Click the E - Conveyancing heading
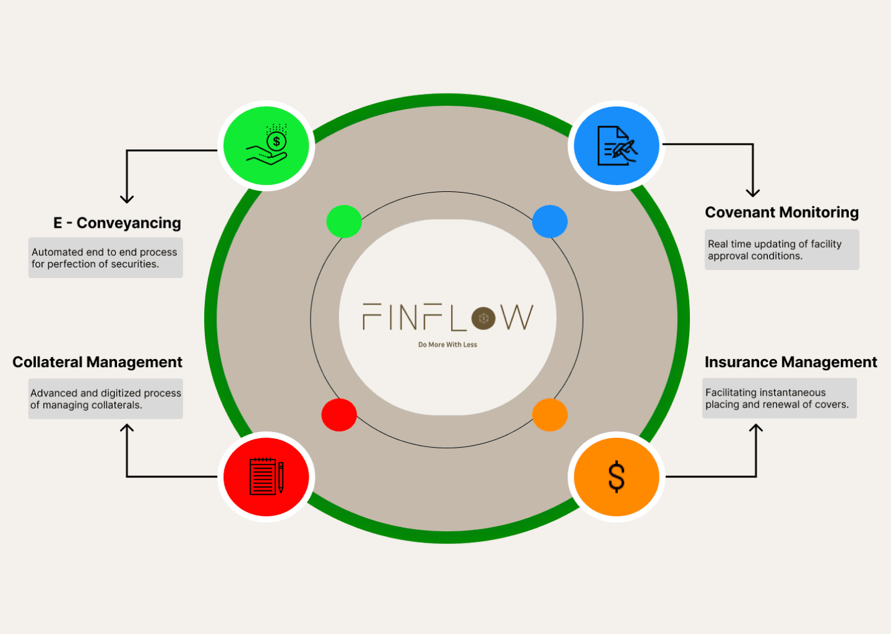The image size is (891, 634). pos(117,223)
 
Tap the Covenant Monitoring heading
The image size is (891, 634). pos(781,212)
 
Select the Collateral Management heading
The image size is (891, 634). pos(97,362)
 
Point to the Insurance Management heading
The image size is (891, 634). pos(790,362)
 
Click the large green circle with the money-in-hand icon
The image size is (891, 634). pos(266,146)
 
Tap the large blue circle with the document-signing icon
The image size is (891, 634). pos(616,146)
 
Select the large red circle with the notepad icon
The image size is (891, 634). pos(266,477)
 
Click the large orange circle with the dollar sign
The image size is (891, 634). pos(616,477)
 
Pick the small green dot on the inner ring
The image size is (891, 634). pos(344,222)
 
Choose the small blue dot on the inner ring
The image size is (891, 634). pos(549,222)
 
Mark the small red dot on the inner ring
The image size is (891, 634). pos(339,415)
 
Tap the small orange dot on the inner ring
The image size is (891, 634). pos(549,415)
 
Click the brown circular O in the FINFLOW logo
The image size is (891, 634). pos(483,318)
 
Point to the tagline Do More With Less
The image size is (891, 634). pos(447,345)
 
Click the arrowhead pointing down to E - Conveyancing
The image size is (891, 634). pos(127,199)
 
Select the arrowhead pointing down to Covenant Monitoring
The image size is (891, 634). pos(752,193)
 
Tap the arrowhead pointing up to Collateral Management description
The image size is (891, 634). pos(127,428)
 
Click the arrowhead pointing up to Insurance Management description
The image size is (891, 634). pos(755,428)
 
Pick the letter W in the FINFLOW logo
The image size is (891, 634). pos(517,317)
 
